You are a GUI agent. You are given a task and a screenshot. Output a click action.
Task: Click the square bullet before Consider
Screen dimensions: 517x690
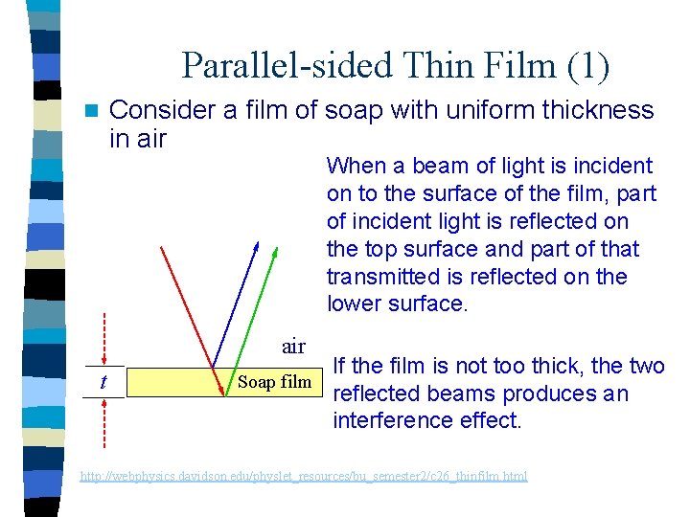pyautogui.click(x=92, y=110)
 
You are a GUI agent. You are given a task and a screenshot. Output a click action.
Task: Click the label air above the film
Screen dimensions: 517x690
pyautogui.click(x=293, y=345)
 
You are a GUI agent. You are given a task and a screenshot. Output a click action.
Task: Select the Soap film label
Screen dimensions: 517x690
pyautogui.click(x=274, y=382)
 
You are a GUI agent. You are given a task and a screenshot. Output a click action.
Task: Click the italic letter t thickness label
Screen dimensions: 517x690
pyautogui.click(x=103, y=382)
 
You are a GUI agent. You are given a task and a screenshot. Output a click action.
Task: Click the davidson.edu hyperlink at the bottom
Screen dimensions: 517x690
pyautogui.click(x=303, y=476)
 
